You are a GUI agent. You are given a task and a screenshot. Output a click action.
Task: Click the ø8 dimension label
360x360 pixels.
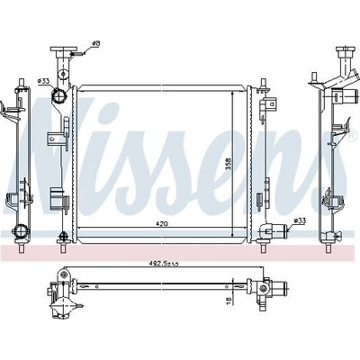(x=95, y=44)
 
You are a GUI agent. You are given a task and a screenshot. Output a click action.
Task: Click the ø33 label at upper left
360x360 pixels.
(x=43, y=81)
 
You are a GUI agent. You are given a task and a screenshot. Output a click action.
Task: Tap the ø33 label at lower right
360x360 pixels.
(x=300, y=220)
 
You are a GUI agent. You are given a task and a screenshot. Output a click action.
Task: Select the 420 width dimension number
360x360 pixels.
(x=162, y=223)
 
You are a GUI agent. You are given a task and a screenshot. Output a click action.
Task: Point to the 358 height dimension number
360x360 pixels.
(x=229, y=164)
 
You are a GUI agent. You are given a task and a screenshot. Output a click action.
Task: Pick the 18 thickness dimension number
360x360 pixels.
(x=228, y=301)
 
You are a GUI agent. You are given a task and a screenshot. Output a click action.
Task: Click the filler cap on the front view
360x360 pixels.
(x=64, y=49)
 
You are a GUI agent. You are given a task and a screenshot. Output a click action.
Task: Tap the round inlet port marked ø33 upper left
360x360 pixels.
(x=58, y=95)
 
